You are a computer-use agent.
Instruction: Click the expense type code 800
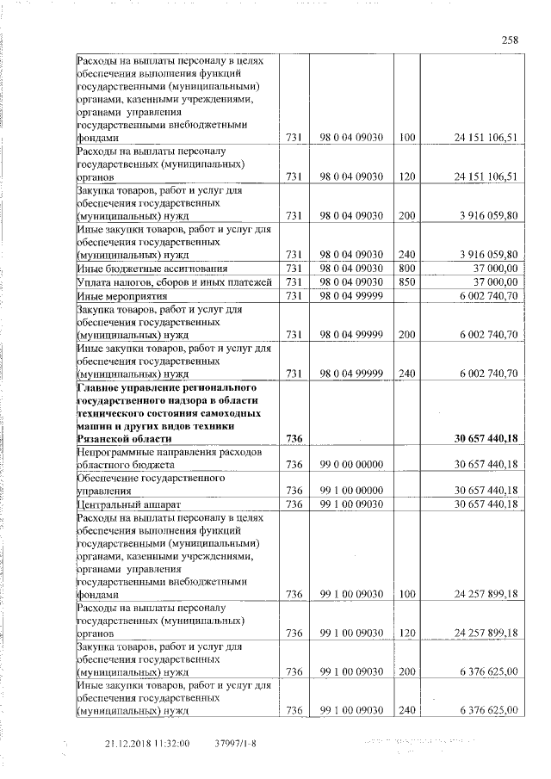(406, 269)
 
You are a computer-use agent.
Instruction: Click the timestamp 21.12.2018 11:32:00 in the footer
(147, 743)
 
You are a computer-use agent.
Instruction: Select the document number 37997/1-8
(234, 743)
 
